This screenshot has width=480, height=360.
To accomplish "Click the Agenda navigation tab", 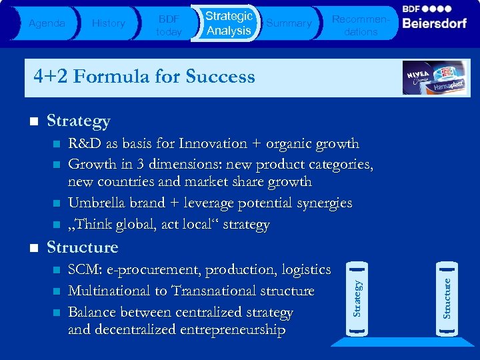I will pyautogui.click(x=47, y=23).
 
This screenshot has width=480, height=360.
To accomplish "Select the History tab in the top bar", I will pyautogui.click(x=108, y=23).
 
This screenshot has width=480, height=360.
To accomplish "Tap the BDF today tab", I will pyautogui.click(x=169, y=23).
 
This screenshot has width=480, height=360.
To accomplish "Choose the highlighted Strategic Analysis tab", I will pyautogui.click(x=229, y=23).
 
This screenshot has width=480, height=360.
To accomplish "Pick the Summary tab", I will pyautogui.click(x=289, y=23).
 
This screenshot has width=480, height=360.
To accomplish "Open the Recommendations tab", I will pyautogui.click(x=361, y=23).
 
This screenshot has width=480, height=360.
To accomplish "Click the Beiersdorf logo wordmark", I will pyautogui.click(x=435, y=23).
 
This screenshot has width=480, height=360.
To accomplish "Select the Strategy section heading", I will pyautogui.click(x=78, y=121).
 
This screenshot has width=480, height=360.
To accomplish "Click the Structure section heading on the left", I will pyautogui.click(x=82, y=247).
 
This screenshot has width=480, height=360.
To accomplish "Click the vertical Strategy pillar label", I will pyautogui.click(x=358, y=298).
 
